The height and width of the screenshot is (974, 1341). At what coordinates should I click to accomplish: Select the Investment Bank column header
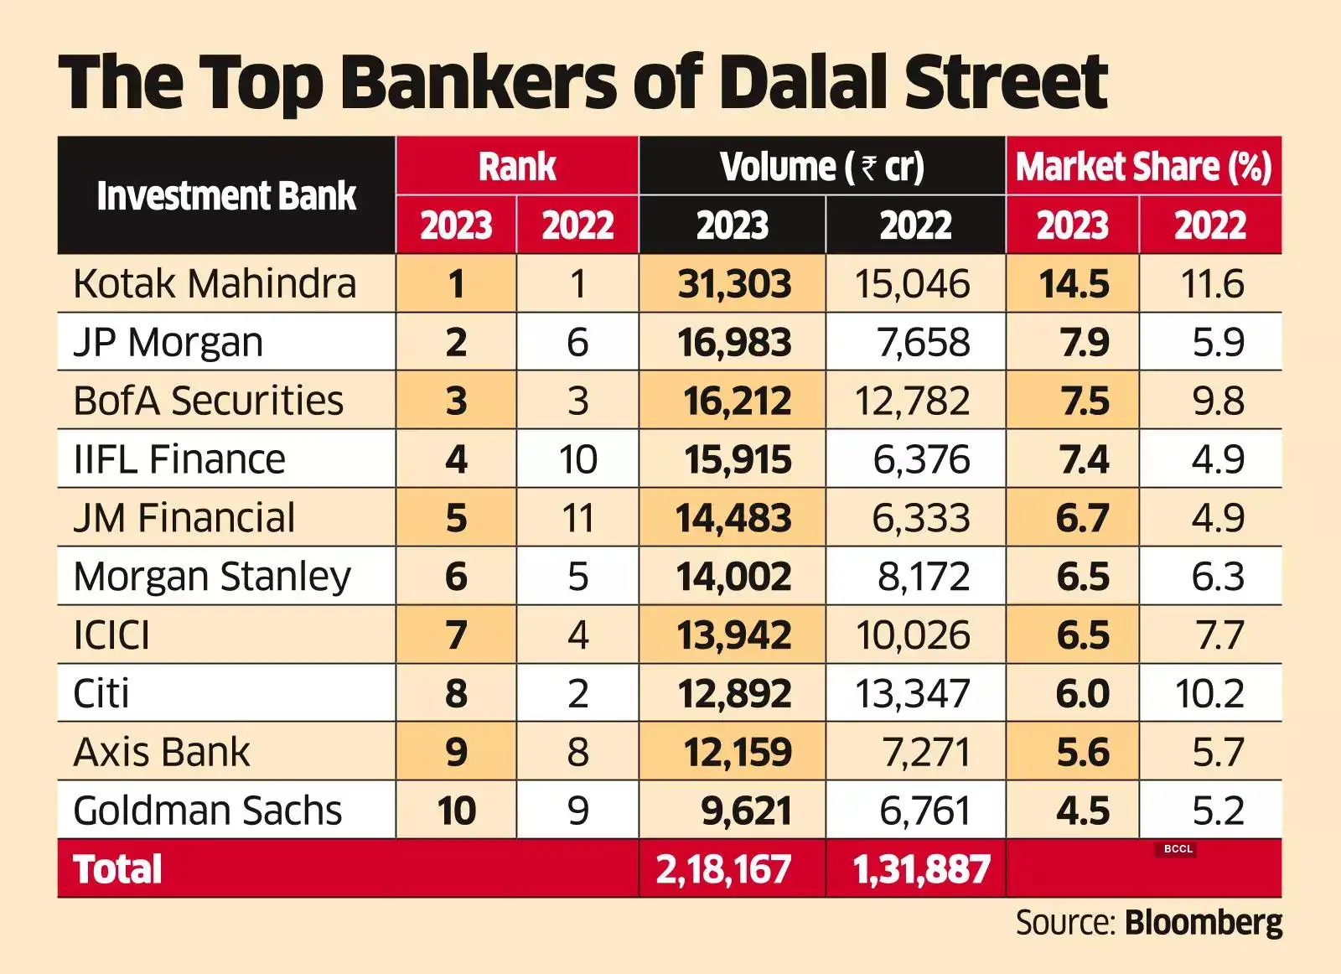[226, 195]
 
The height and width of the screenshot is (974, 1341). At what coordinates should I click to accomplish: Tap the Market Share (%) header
[1144, 166]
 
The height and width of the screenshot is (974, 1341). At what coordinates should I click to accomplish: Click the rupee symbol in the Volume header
[869, 167]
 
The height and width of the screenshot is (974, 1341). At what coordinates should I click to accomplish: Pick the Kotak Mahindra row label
[215, 283]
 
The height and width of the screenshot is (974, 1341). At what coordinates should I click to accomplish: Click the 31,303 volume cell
[734, 283]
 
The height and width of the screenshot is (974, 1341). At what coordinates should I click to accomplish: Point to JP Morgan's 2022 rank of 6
[577, 342]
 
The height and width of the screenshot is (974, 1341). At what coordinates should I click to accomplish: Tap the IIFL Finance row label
[179, 459]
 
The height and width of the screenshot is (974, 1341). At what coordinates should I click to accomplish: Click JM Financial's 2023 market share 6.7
[1082, 518]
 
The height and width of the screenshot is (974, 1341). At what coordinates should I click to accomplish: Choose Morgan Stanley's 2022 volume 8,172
[923, 577]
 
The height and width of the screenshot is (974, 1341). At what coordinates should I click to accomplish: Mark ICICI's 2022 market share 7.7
[1219, 635]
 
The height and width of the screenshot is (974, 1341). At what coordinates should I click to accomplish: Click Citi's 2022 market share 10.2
[1209, 694]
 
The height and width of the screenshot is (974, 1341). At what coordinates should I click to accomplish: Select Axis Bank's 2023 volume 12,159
[738, 752]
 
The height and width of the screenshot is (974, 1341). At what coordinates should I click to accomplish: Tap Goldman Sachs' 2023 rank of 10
[456, 811]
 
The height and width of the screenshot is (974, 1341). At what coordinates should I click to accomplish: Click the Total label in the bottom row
[117, 869]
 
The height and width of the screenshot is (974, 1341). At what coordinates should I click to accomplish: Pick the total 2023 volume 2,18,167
[723, 869]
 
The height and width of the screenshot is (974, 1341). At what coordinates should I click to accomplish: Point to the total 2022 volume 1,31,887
[921, 869]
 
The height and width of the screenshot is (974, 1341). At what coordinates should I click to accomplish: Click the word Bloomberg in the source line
[1203, 923]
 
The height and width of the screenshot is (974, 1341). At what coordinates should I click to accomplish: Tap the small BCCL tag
[1178, 849]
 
